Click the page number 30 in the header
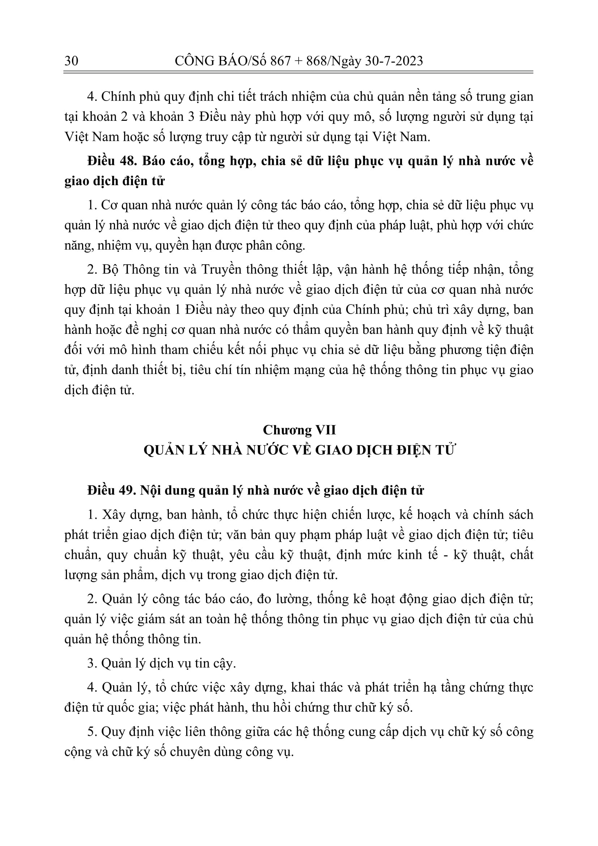tap(71, 60)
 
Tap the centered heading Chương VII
tap(299, 430)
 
